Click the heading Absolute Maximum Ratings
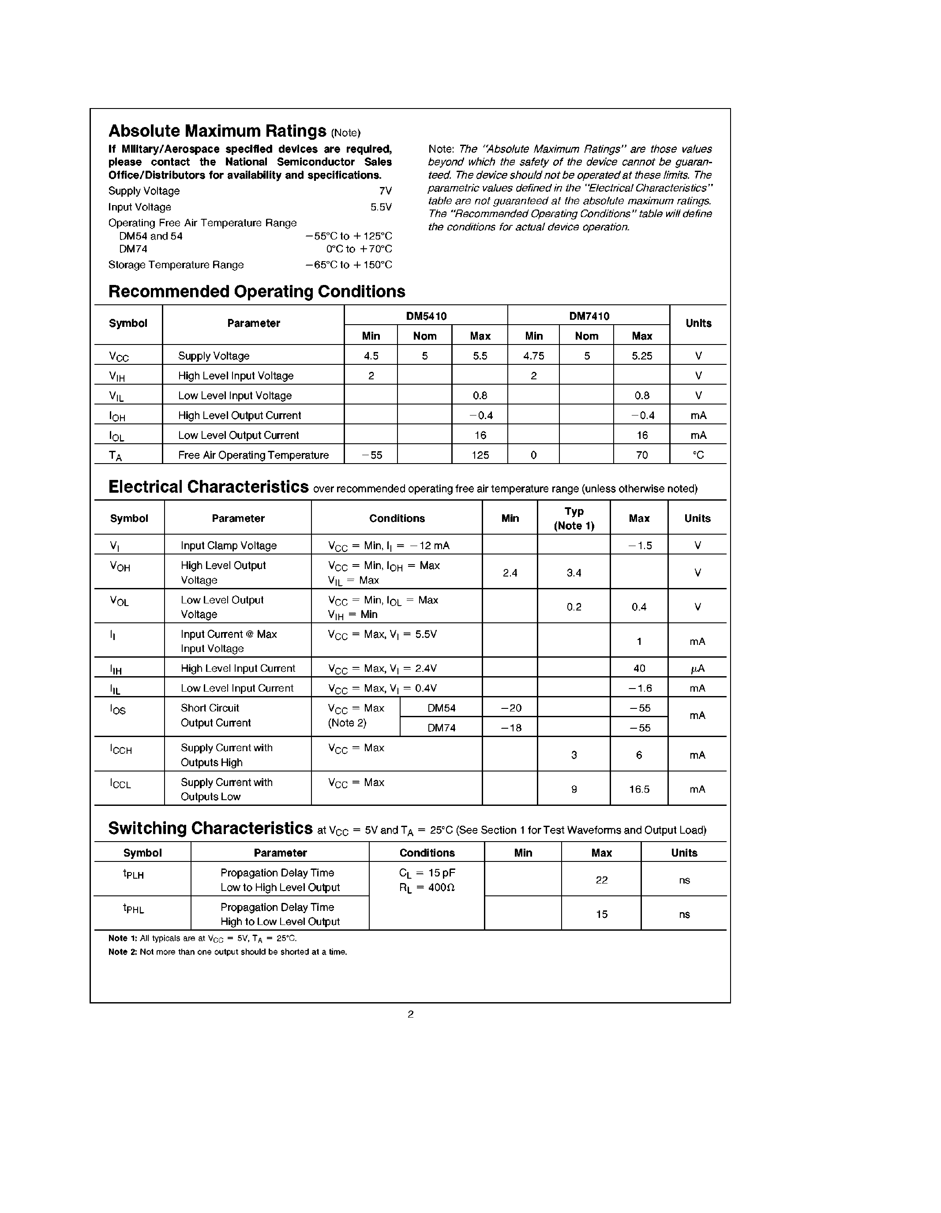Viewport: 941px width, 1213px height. (x=217, y=131)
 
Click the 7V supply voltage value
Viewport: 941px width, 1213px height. (x=386, y=191)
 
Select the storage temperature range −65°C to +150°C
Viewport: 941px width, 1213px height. (x=348, y=265)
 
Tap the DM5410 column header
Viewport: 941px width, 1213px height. (x=426, y=316)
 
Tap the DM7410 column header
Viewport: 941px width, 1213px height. (x=589, y=316)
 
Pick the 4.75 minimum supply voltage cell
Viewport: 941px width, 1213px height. (x=533, y=356)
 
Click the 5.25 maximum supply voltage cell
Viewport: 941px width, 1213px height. (x=641, y=356)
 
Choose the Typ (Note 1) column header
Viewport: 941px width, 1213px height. (x=574, y=518)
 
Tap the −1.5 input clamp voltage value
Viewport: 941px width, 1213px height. (x=639, y=545)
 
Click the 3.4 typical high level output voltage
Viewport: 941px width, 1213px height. (x=574, y=573)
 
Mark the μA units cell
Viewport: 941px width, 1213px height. (x=697, y=669)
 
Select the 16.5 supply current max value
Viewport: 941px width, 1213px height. (x=639, y=789)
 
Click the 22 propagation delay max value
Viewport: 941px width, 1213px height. (x=602, y=880)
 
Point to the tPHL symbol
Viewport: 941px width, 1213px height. (x=133, y=909)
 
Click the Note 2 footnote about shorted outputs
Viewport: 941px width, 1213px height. (x=228, y=952)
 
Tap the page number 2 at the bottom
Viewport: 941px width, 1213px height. (x=411, y=1014)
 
